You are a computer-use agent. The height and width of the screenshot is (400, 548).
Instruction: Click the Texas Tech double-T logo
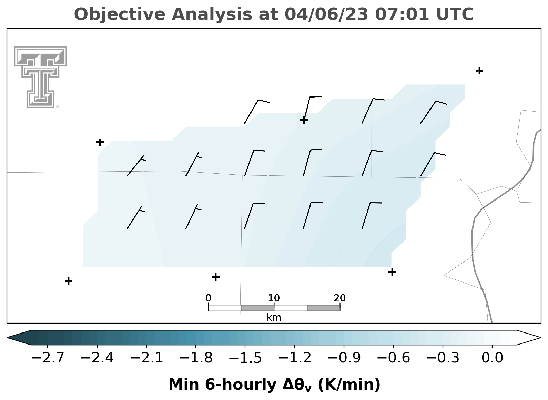[40, 77]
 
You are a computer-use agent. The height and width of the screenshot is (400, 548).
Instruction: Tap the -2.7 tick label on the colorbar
[48, 358]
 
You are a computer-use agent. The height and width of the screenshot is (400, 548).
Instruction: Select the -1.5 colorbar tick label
[245, 358]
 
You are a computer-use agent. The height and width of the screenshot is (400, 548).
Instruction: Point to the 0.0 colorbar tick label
[492, 358]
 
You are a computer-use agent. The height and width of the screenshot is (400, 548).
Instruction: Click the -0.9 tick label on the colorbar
[344, 358]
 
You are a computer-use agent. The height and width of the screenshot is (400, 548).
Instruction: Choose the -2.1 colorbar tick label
[146, 358]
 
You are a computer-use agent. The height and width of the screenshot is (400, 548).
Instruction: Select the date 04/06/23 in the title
[326, 14]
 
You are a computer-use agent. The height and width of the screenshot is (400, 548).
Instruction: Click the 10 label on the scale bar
[274, 298]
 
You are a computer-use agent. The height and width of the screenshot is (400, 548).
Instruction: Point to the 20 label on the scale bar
[339, 298]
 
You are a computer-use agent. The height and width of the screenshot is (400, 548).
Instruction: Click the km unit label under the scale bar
[274, 318]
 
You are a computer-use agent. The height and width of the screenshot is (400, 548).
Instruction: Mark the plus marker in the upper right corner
[479, 71]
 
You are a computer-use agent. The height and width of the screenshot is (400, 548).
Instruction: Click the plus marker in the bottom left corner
[69, 281]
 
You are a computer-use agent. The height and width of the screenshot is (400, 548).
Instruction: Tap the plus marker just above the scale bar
[215, 277]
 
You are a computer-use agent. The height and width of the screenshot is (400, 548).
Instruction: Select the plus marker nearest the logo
[100, 142]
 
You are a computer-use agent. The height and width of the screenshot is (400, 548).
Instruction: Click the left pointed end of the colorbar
[7, 338]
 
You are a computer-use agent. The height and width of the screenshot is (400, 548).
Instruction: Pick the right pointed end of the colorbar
[540, 338]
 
